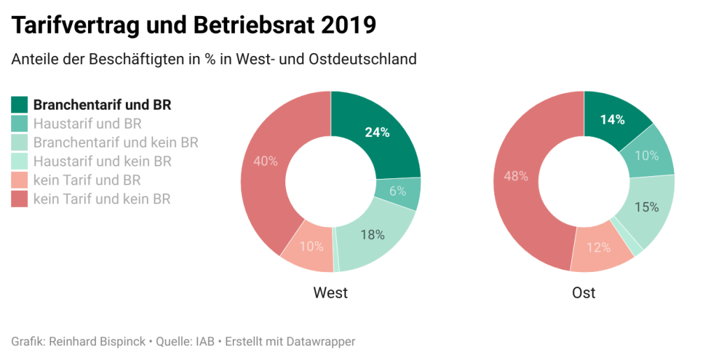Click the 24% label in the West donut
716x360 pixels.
click(x=377, y=132)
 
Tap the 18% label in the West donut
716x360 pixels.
click(x=372, y=235)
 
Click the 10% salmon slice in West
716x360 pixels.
click(x=311, y=246)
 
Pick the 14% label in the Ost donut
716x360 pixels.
click(x=613, y=120)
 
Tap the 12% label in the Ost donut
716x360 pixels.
click(x=599, y=247)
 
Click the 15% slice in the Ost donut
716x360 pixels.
click(x=647, y=207)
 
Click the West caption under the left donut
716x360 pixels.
click(x=331, y=292)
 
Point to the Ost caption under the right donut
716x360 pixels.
click(x=584, y=292)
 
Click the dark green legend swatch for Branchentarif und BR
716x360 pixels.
click(x=20, y=105)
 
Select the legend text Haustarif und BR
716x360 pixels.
click(x=87, y=124)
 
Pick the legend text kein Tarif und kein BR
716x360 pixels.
click(x=102, y=199)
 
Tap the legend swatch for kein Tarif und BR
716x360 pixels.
click(x=20, y=180)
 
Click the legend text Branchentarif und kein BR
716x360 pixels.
click(x=116, y=143)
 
